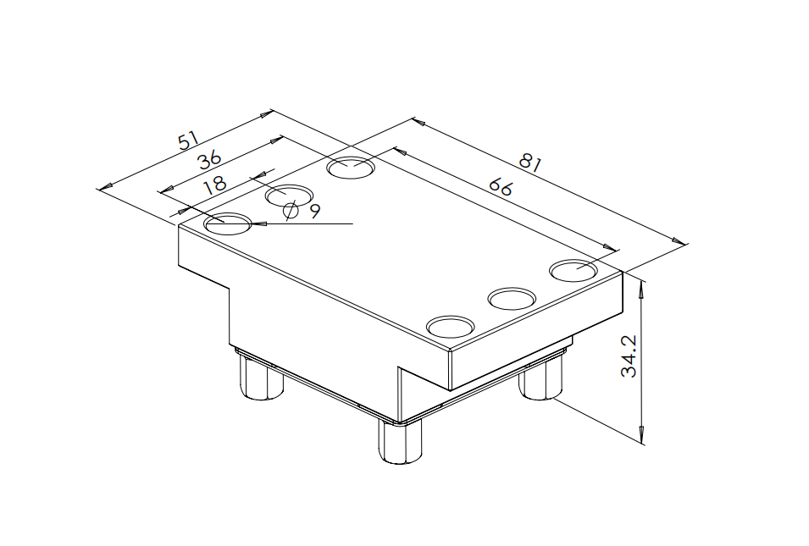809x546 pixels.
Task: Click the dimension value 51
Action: click(x=188, y=141)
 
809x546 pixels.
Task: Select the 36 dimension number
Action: click(x=210, y=159)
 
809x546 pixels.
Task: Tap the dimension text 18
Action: click(x=214, y=184)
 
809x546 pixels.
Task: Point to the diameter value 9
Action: click(x=315, y=210)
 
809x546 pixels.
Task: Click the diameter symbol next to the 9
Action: click(x=291, y=210)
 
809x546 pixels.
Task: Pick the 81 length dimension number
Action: click(x=530, y=163)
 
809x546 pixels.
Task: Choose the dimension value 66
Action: click(x=501, y=186)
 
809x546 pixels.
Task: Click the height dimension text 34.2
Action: click(x=629, y=356)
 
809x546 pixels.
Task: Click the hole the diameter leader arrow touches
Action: click(x=228, y=223)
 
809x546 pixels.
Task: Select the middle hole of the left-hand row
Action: click(x=289, y=196)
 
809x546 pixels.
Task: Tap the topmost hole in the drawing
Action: click(x=351, y=168)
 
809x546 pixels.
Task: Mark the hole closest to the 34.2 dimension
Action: click(x=573, y=271)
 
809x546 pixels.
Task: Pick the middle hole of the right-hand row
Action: click(x=512, y=299)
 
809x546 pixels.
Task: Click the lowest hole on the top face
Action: click(x=451, y=327)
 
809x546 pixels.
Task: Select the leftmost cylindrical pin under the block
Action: click(x=262, y=378)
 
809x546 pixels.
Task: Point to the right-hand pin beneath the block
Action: click(x=540, y=379)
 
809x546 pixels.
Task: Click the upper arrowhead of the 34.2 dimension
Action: click(x=642, y=287)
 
